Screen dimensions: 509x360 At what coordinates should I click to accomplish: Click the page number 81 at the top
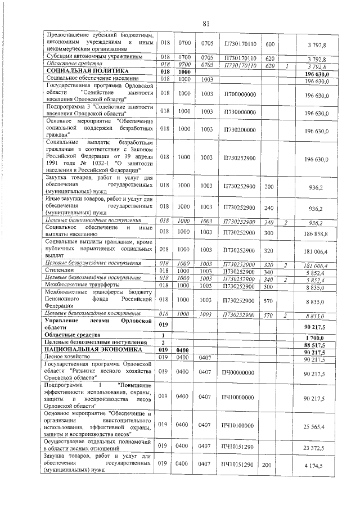pos(205,23)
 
